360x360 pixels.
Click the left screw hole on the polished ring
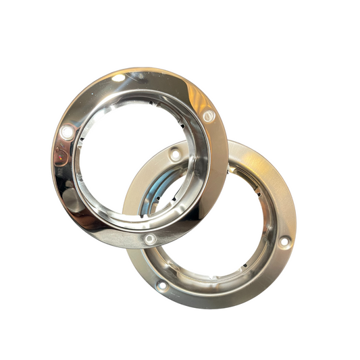[67, 130]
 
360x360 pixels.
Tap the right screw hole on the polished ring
[208, 117]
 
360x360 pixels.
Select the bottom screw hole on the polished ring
[150, 238]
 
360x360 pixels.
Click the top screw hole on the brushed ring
[176, 155]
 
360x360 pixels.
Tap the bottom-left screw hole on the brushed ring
[162, 286]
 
